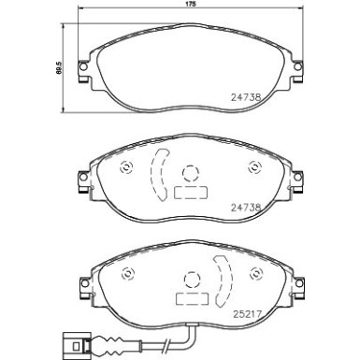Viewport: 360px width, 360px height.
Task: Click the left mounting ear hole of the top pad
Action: (x=82, y=66)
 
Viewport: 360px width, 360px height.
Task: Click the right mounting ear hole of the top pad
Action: (x=297, y=66)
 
